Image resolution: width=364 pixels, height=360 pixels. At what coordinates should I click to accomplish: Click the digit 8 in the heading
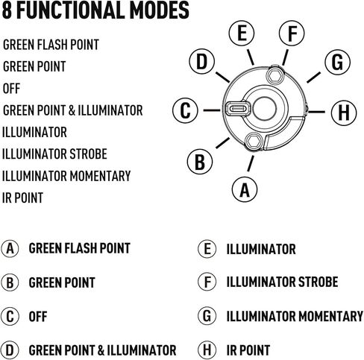[x=7, y=10]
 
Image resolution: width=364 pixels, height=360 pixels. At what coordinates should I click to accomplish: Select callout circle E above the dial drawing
[x=242, y=33]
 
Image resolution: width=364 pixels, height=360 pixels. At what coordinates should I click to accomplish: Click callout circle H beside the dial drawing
[x=344, y=113]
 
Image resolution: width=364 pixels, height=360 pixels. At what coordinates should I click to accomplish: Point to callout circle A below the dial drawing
[x=245, y=189]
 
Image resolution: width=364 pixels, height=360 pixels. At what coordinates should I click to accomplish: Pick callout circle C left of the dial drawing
[x=185, y=110]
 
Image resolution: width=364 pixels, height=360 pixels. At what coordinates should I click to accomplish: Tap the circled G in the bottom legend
[x=207, y=315]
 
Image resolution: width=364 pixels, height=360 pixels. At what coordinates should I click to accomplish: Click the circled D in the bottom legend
[x=10, y=350]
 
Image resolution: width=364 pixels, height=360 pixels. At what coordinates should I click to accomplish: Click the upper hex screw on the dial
[x=274, y=75]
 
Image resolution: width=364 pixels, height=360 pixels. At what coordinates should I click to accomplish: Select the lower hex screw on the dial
[x=254, y=141]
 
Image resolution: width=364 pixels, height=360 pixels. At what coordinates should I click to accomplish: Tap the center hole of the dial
[x=264, y=109]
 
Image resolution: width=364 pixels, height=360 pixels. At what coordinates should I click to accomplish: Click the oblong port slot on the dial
[x=236, y=109]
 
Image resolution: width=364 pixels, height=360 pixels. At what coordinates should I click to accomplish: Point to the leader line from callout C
[x=212, y=110]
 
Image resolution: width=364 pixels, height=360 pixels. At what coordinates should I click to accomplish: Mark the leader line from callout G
[x=314, y=78]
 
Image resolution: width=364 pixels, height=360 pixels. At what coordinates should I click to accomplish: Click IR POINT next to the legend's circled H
[x=248, y=350]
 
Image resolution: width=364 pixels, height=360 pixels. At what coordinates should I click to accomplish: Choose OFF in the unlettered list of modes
[x=11, y=89]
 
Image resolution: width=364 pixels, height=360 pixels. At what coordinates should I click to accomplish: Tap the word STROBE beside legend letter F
[x=318, y=282]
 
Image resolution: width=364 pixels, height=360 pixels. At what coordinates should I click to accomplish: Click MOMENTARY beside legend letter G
[x=330, y=316]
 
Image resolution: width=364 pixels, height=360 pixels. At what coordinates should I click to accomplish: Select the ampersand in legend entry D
[x=101, y=350]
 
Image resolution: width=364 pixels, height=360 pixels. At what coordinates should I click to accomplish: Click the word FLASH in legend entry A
[x=80, y=248]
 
